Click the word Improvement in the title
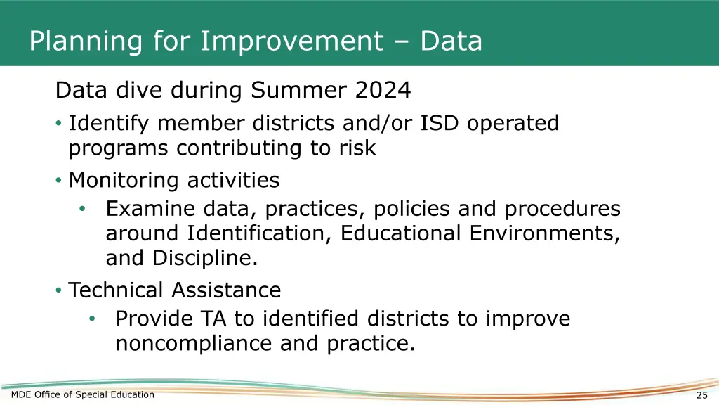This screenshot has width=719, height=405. click(289, 41)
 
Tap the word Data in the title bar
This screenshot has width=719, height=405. click(451, 41)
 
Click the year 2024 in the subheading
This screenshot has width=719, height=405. click(383, 91)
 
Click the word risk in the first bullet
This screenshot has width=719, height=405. click(357, 148)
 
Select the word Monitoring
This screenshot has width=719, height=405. click(124, 181)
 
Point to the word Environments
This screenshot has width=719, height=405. click(544, 233)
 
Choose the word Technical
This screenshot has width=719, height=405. click(117, 290)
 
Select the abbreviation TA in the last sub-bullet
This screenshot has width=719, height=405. click(214, 319)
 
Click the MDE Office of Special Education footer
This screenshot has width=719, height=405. click(83, 394)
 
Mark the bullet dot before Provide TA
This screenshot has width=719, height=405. click(92, 319)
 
